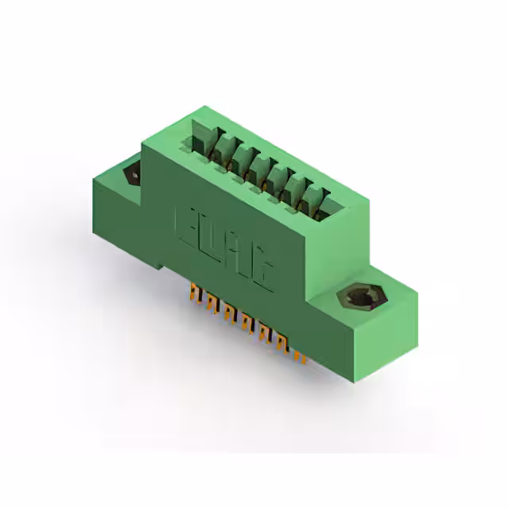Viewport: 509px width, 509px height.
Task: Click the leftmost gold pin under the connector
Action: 193,297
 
